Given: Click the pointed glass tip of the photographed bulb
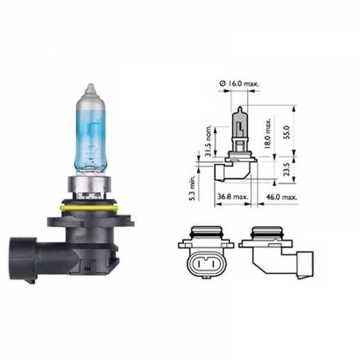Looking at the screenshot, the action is click(x=91, y=88).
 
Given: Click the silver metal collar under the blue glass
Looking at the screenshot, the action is click(x=89, y=185).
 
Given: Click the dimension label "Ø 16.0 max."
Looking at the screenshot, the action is click(x=239, y=83).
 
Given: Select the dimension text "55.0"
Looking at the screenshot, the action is click(x=287, y=132).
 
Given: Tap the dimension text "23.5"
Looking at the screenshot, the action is click(x=287, y=169).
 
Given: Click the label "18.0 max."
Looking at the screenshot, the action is click(x=267, y=133).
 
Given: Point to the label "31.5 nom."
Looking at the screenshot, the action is click(x=208, y=140).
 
